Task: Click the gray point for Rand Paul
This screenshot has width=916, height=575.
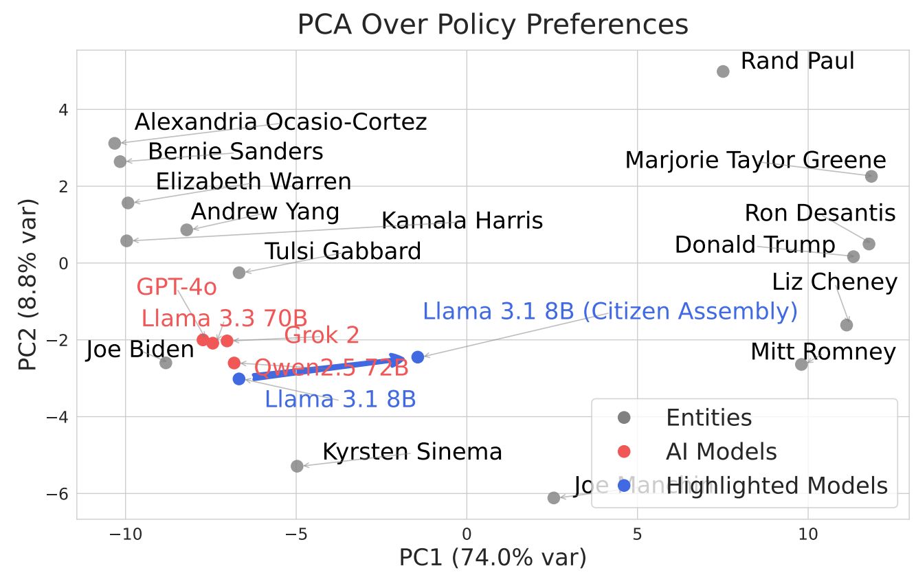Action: tap(723, 71)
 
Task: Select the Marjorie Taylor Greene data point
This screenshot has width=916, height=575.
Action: tap(871, 177)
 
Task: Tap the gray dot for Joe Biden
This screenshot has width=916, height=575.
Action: tap(166, 363)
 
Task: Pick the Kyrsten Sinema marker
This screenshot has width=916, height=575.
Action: tap(297, 466)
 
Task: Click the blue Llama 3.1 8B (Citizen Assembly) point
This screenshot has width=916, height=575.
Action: tap(417, 357)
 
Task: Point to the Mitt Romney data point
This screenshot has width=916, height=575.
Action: tap(801, 364)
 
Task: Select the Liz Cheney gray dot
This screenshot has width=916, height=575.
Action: tap(847, 325)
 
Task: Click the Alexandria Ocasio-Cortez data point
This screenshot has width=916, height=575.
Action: tap(115, 143)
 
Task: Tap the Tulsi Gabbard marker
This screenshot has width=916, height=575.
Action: tap(239, 273)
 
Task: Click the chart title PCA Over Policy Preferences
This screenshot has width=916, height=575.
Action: tap(492, 25)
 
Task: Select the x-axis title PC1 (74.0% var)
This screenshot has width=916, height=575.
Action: tap(493, 558)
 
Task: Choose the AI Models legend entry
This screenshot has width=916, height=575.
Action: tap(721, 452)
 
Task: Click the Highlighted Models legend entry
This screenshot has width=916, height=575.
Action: tap(777, 486)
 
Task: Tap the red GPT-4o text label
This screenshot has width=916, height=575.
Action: tap(168, 287)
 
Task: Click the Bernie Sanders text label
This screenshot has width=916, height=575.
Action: tap(235, 152)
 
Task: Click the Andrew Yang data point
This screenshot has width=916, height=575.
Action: tap(187, 229)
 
